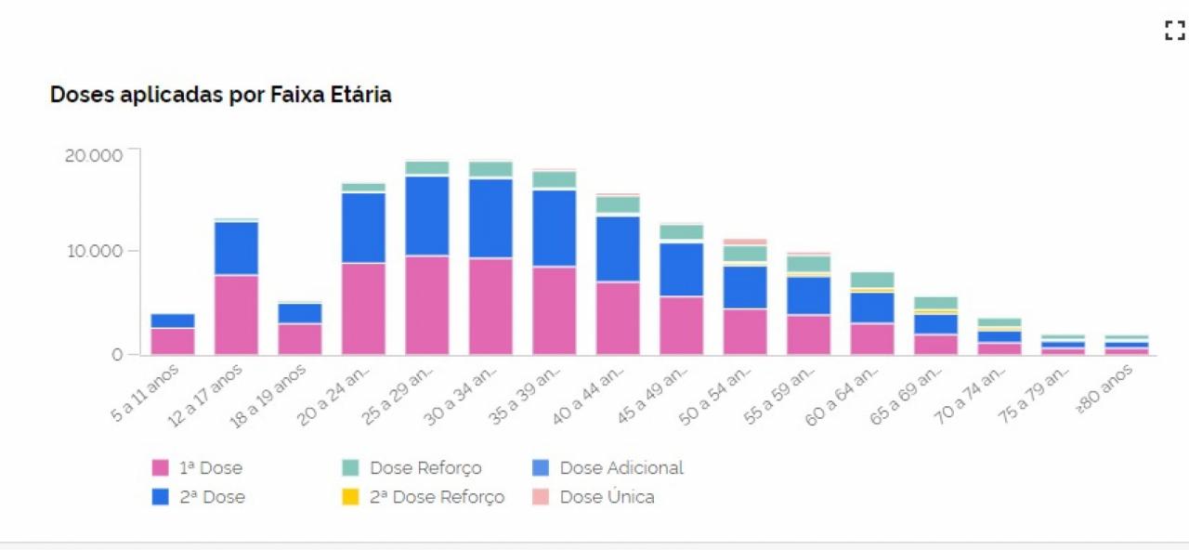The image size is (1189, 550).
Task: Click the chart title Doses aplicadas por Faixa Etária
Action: coord(220,95)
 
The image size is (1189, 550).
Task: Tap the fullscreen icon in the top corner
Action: coord(1174,31)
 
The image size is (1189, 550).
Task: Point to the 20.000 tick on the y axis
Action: coord(93,154)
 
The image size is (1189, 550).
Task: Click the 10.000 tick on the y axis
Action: coord(93,251)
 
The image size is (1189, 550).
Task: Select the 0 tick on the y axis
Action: coord(118,354)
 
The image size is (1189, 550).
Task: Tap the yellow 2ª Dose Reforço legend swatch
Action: coord(350,497)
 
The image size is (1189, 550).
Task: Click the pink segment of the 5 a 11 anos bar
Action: coord(173,341)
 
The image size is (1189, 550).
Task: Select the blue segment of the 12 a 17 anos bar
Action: coord(236,248)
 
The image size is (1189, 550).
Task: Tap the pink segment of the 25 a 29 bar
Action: coord(427,305)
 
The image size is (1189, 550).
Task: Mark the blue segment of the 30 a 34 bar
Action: coord(490,218)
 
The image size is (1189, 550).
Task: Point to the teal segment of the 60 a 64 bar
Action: coord(871,280)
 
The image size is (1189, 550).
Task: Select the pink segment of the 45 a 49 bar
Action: coord(681,325)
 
